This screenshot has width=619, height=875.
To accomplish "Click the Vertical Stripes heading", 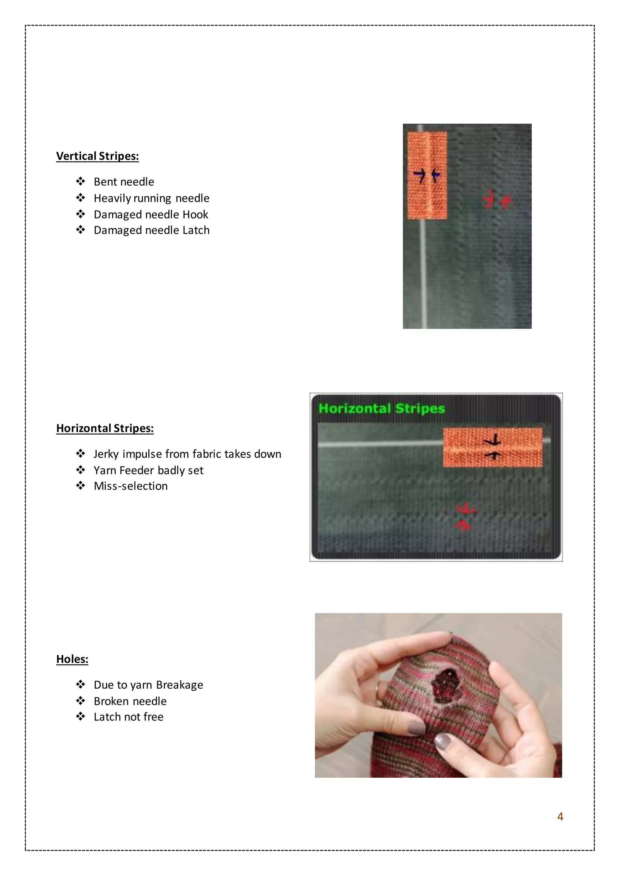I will click(x=97, y=156).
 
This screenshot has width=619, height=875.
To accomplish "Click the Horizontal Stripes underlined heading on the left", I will click(x=105, y=428).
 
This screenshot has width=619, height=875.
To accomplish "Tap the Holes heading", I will click(x=72, y=659).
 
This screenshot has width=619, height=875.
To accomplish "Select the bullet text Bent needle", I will click(x=124, y=182).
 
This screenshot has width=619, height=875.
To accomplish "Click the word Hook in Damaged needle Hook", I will click(x=195, y=215).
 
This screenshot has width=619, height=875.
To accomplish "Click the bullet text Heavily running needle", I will click(x=151, y=198).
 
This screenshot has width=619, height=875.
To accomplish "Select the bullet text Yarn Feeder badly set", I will click(x=148, y=470).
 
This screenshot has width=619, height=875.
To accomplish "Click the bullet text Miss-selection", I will click(x=130, y=486).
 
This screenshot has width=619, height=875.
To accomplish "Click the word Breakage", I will click(x=180, y=685).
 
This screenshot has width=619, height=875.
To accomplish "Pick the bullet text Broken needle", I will click(x=130, y=701).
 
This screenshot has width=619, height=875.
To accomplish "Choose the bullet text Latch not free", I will click(x=128, y=717).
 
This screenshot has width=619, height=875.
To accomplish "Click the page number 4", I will click(x=560, y=816).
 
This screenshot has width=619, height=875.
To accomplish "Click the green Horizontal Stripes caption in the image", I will click(x=381, y=408).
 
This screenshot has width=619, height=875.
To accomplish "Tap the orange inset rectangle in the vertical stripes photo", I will click(x=427, y=176).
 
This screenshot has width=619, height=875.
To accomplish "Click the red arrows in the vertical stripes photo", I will click(x=496, y=200).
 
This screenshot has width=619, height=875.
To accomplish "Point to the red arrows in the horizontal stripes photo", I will click(x=464, y=517).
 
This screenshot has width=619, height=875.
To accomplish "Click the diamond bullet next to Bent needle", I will click(x=80, y=181).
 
